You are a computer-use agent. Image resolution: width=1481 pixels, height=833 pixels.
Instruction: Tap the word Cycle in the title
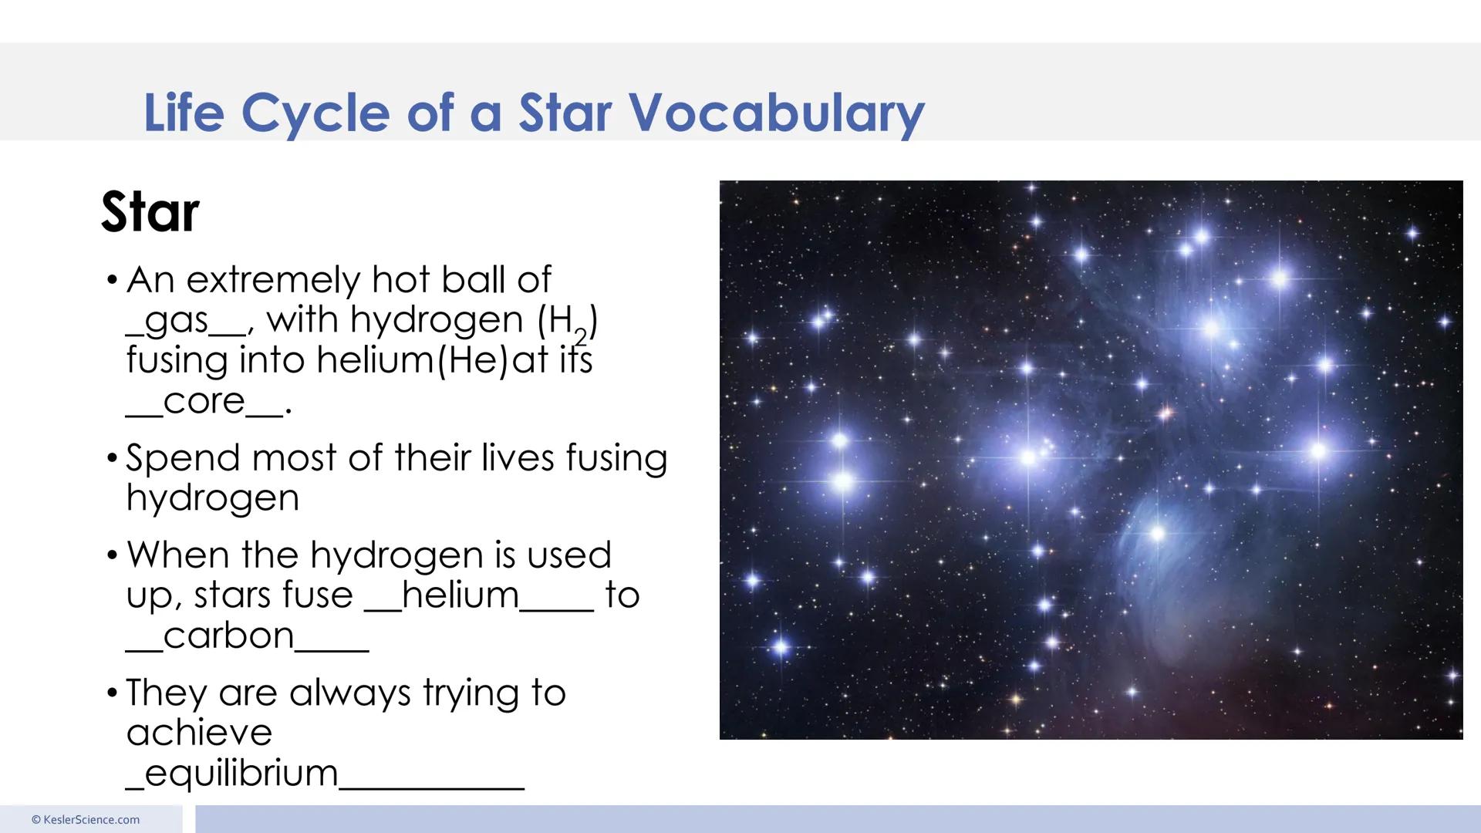(315, 113)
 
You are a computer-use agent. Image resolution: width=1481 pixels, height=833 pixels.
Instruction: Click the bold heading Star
(150, 212)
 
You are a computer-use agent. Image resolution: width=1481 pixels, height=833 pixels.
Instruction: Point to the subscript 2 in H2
(581, 336)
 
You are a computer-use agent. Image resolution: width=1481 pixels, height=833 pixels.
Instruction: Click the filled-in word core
(204, 401)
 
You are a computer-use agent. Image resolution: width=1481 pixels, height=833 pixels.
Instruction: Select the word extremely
(274, 280)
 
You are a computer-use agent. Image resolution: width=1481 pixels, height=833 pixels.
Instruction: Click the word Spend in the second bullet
(183, 458)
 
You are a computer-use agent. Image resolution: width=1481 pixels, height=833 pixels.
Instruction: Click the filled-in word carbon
(229, 636)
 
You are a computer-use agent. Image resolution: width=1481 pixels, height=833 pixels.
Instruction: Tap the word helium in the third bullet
(460, 595)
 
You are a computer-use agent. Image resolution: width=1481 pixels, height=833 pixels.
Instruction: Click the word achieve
(199, 733)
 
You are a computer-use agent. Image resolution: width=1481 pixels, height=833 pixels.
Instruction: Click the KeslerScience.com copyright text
(86, 820)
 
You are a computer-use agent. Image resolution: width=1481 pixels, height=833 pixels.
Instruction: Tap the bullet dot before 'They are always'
(113, 693)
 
